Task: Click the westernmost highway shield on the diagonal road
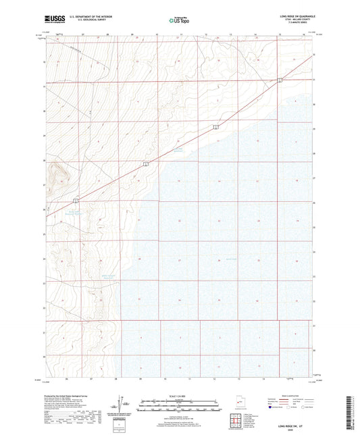76,200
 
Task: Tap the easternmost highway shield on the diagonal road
280,80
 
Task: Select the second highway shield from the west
145,164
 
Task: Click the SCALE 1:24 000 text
179,396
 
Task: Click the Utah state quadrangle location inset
240,403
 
